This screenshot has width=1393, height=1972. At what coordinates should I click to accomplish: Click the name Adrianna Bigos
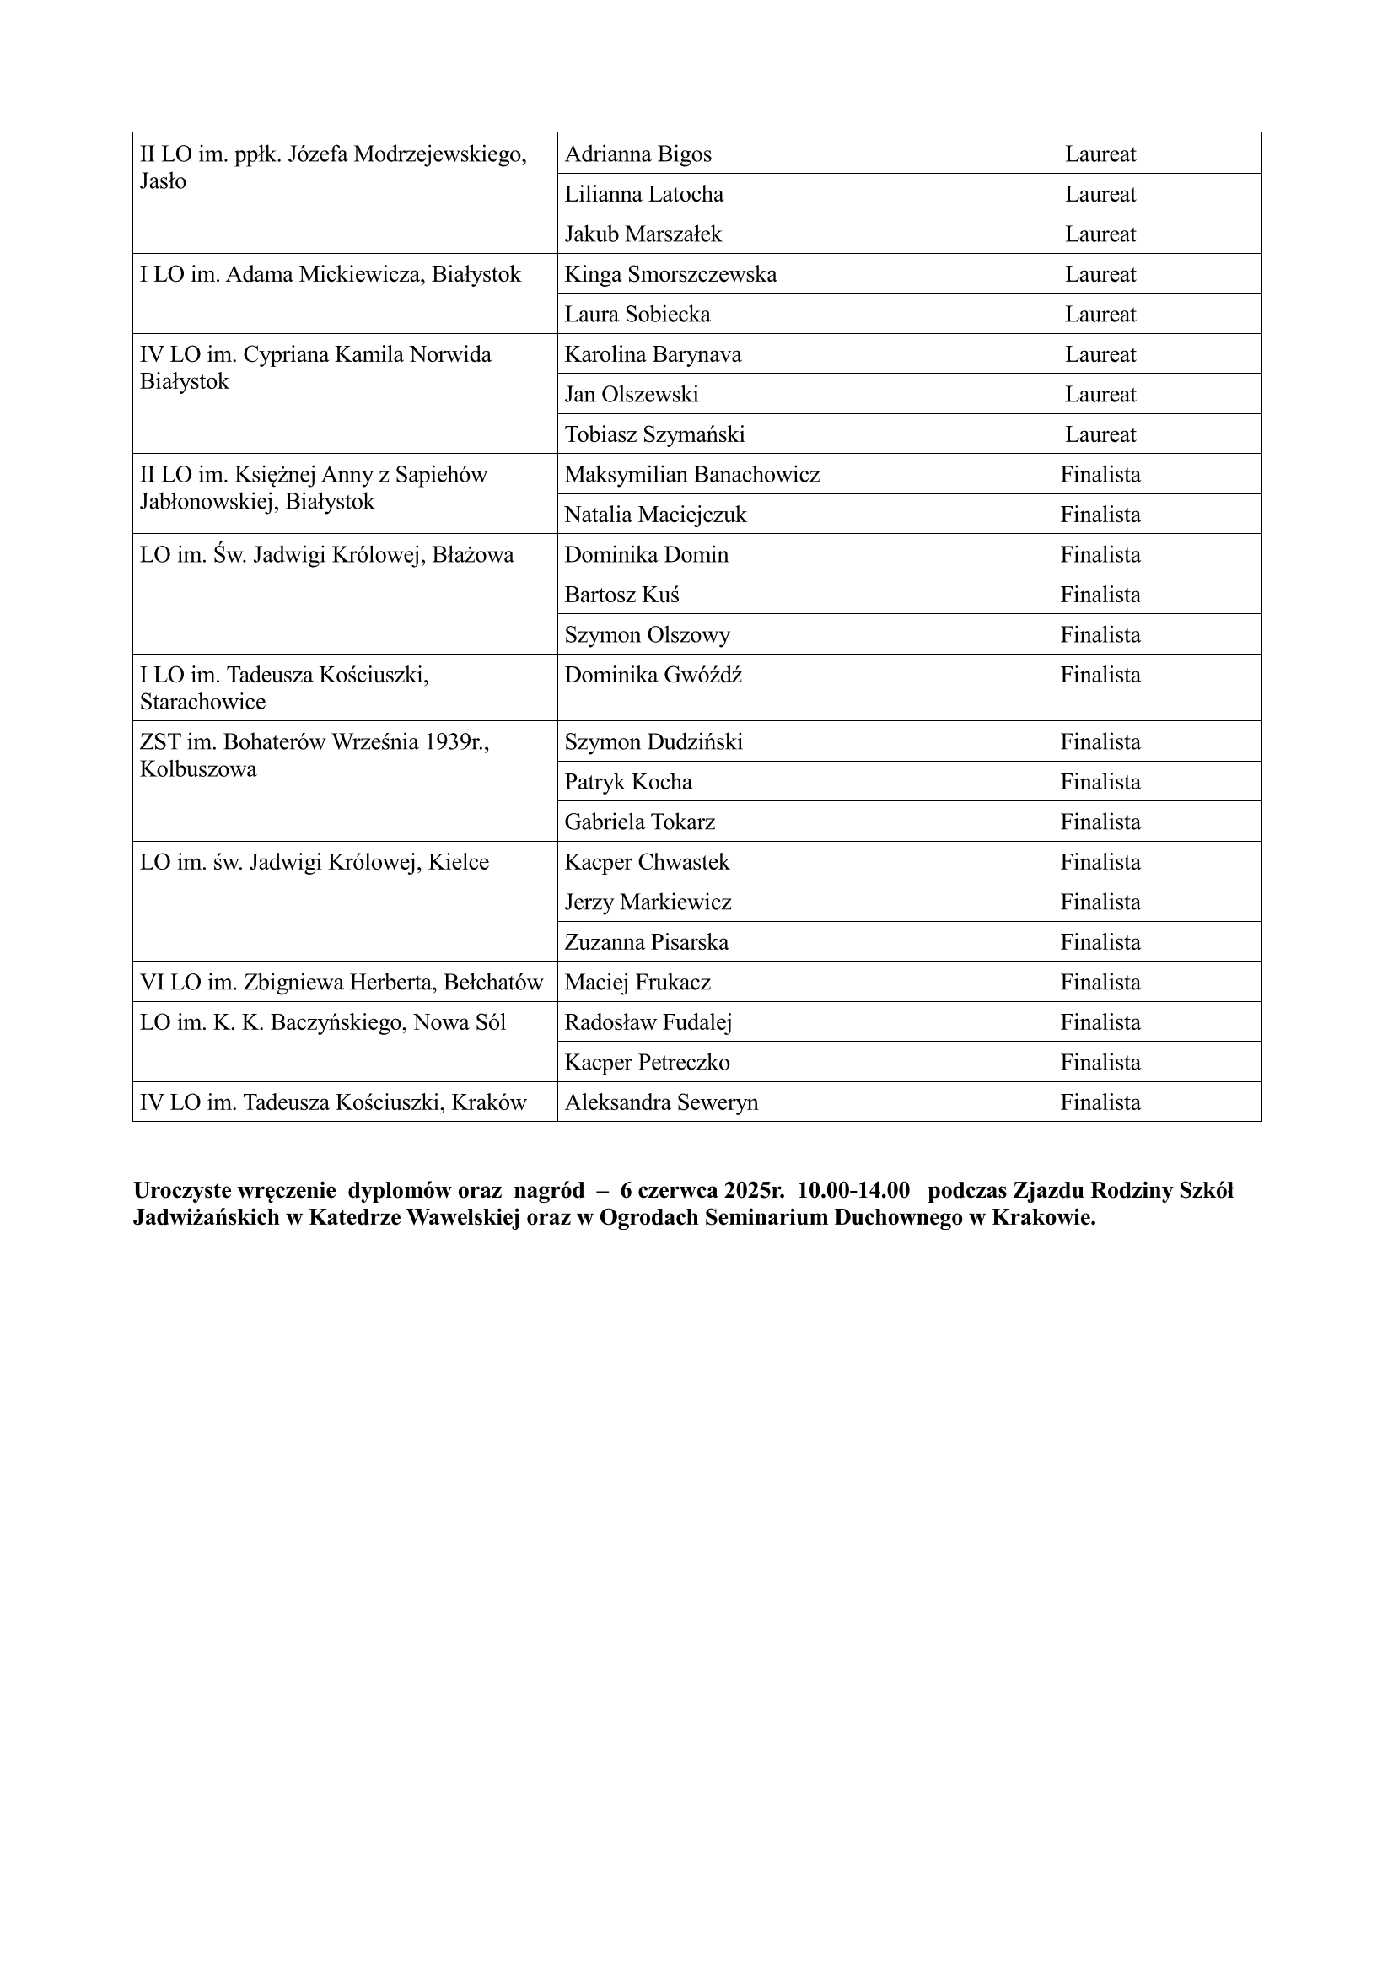638,154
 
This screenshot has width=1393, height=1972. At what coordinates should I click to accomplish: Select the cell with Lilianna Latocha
643,194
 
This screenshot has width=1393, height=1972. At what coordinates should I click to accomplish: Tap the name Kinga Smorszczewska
670,274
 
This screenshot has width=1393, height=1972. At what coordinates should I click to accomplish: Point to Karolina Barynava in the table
653,354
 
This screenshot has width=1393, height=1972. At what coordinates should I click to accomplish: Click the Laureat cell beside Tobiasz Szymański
1100,434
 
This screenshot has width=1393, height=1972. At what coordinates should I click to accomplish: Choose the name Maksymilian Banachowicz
691,474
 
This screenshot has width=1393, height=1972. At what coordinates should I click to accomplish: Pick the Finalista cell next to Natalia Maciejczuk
1100,515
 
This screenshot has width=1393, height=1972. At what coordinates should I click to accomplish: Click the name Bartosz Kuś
621,595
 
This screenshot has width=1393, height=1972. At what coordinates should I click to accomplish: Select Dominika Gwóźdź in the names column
653,675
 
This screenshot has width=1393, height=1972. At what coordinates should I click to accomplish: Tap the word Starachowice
202,702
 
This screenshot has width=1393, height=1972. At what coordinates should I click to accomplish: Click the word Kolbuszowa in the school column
198,768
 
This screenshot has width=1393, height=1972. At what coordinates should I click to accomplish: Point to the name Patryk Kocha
628,782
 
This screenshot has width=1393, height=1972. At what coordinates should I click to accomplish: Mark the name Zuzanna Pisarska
646,942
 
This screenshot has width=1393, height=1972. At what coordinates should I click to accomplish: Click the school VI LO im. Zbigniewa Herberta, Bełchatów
341,982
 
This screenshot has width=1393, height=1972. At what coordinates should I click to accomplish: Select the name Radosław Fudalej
648,1022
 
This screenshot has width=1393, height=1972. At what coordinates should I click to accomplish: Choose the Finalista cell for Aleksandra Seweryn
1100,1102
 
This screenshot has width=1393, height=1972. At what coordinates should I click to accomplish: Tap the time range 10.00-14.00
852,1190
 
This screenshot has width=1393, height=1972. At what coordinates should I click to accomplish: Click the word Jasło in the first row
162,181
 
